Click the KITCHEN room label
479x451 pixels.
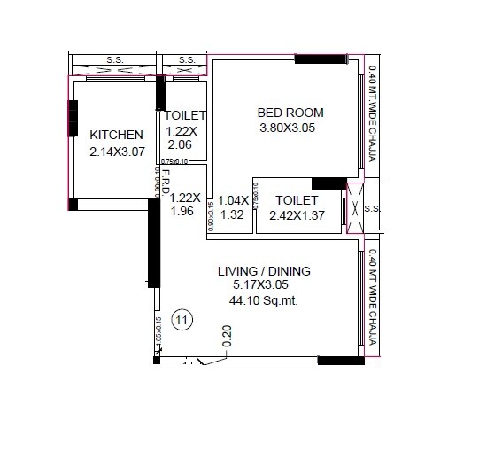(116, 135)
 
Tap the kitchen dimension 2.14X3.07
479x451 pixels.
(116, 152)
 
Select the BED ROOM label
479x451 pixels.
(290, 113)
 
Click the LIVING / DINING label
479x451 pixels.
(264, 270)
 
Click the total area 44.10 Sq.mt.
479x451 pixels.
(264, 300)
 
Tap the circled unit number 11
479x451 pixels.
(182, 320)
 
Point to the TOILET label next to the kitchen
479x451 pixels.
(184, 116)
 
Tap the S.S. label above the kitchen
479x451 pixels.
(115, 60)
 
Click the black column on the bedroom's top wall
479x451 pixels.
(321, 59)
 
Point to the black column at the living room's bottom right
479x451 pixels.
(341, 361)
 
